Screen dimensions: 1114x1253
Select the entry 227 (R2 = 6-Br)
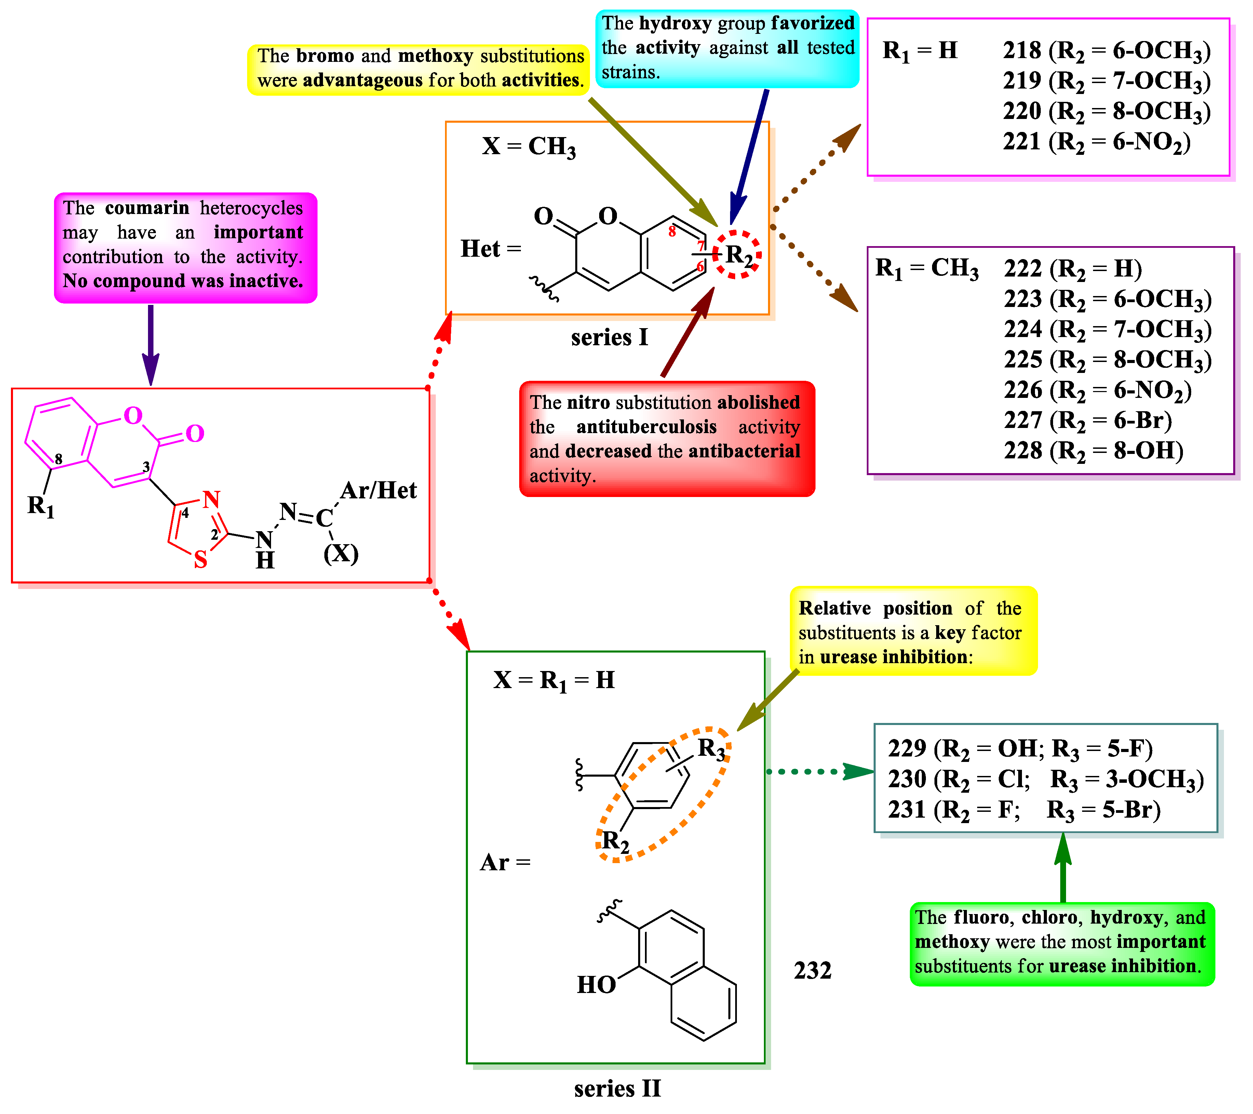point(1087,420)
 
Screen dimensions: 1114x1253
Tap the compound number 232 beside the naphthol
point(812,970)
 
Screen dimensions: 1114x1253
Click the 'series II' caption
point(617,1089)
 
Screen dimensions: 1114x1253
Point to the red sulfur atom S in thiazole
point(200,559)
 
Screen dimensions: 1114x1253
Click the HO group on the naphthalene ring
point(596,985)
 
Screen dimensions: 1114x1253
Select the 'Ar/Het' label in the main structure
point(378,491)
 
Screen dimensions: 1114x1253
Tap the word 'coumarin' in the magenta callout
point(147,209)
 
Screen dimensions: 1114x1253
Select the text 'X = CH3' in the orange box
point(528,147)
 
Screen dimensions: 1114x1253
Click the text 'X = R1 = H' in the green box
point(554,681)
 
